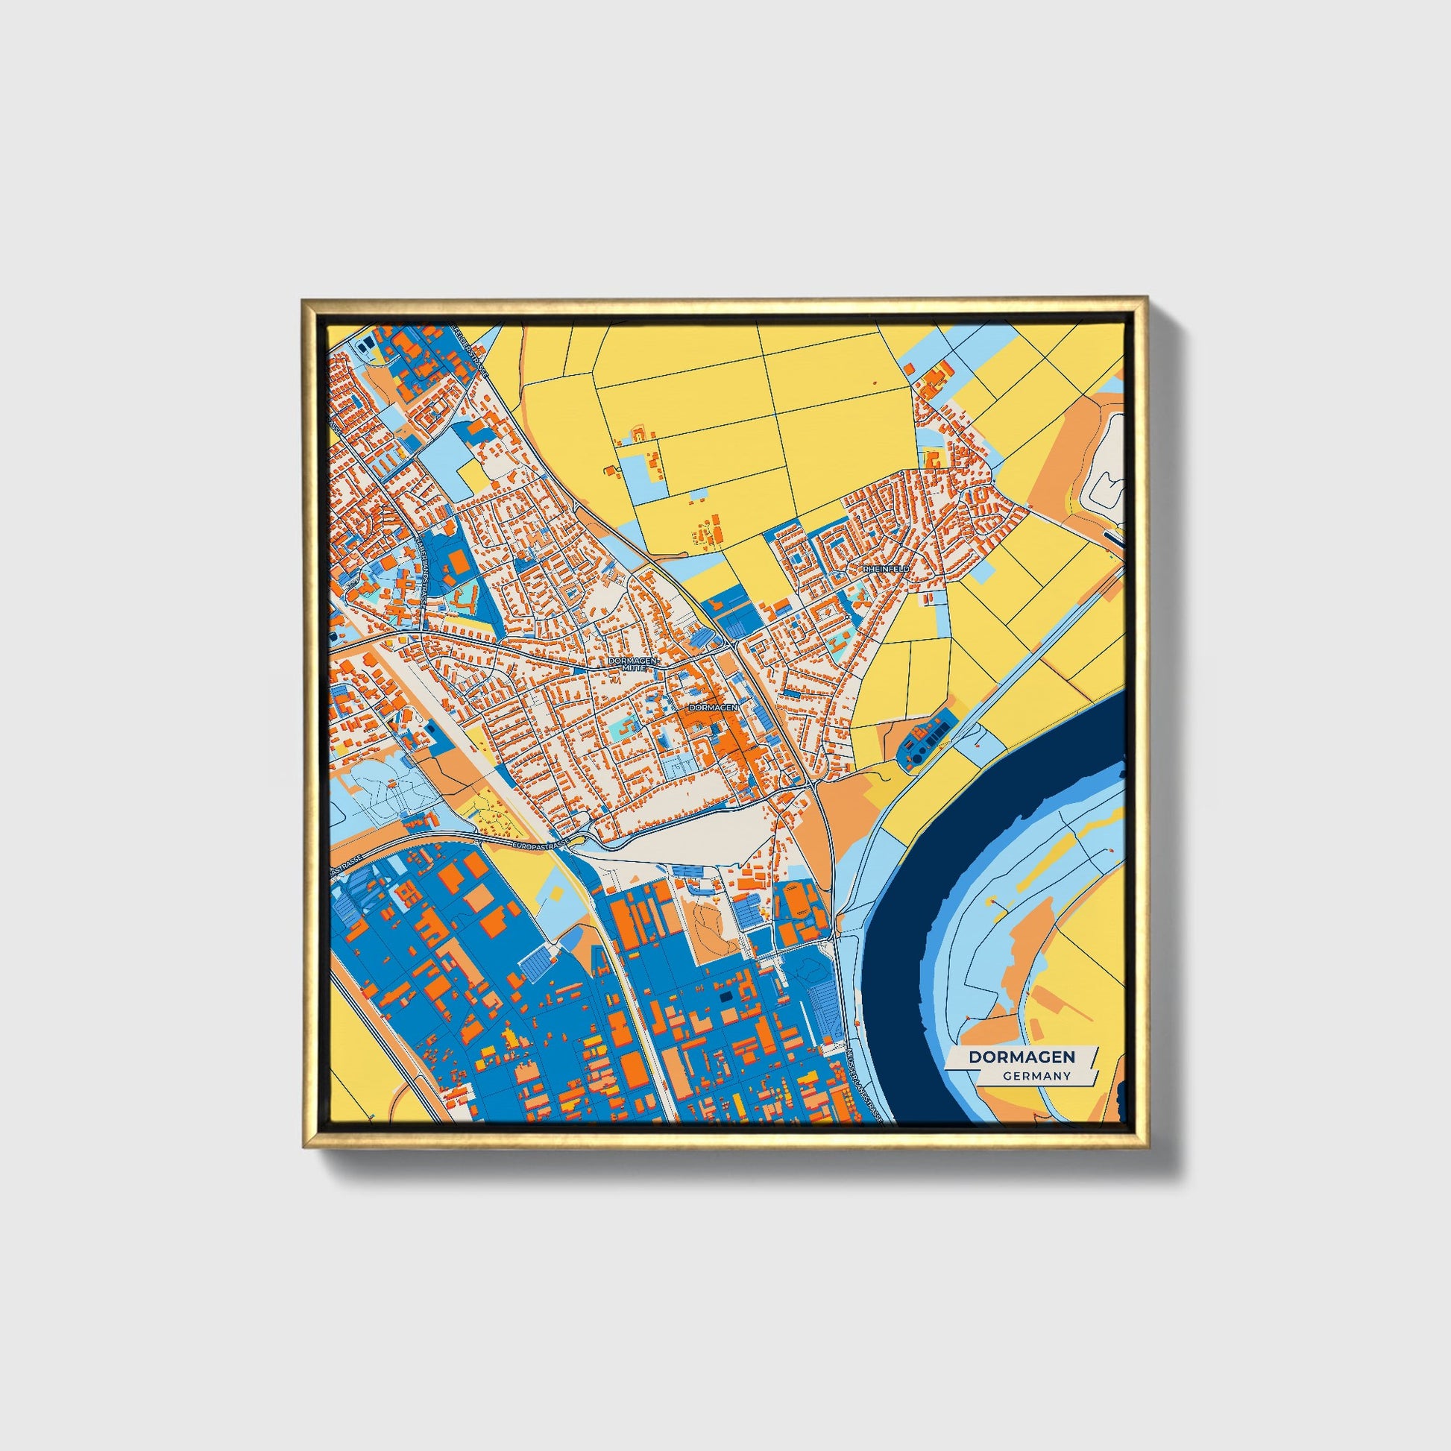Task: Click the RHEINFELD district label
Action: [887, 570]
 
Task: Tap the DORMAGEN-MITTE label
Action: [633, 663]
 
